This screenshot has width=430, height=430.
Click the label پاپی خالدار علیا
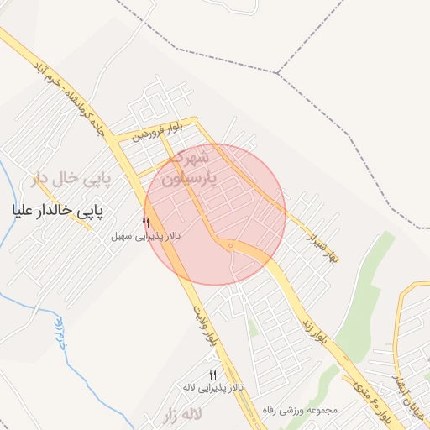(x=58, y=211)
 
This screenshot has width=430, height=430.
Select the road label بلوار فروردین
(x=156, y=131)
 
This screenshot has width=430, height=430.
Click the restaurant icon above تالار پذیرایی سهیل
(x=146, y=223)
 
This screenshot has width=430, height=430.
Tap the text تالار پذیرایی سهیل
(x=146, y=237)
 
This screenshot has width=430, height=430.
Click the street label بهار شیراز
(x=319, y=241)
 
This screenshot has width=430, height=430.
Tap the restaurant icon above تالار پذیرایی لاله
(x=212, y=375)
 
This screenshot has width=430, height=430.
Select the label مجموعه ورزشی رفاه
(x=300, y=410)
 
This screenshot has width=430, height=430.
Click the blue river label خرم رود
(x=60, y=334)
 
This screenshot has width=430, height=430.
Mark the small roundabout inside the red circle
(x=228, y=244)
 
